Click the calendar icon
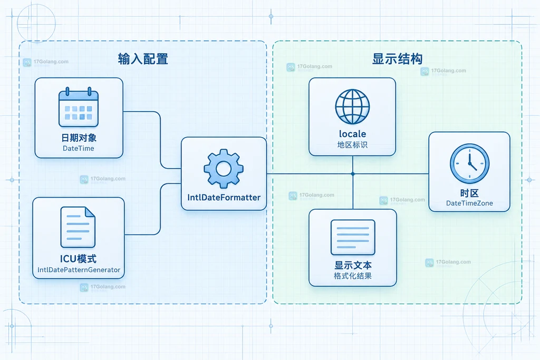click(79, 107)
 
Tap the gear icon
click(224, 168)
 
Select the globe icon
click(352, 106)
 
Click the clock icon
click(469, 163)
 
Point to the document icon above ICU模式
click(78, 227)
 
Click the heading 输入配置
click(143, 59)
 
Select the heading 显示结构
click(397, 59)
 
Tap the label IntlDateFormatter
click(224, 198)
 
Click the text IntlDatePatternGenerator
click(79, 270)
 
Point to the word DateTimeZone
click(469, 203)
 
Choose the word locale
click(352, 133)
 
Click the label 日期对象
click(79, 138)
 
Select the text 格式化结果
click(353, 276)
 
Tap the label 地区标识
click(352, 145)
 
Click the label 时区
click(469, 193)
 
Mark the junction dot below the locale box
click(353, 174)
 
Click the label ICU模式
click(78, 258)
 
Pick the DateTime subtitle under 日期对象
click(79, 148)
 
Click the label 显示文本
click(353, 265)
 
